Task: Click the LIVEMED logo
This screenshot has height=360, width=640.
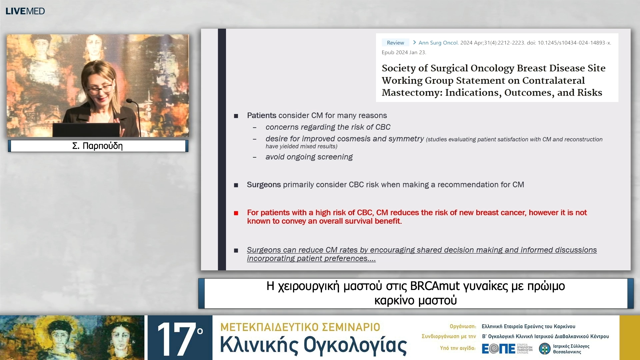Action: pos(25,11)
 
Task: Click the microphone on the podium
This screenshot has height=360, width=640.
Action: pos(130,101)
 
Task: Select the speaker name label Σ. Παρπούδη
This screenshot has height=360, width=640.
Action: pos(98,146)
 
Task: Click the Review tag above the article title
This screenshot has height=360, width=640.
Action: pos(395,43)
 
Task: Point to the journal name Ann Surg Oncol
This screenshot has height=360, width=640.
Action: pos(438,43)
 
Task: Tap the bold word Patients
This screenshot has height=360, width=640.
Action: pos(261,115)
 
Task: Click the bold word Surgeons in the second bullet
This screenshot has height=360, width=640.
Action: pos(263,185)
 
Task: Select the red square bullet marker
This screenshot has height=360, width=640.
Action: pos(236,213)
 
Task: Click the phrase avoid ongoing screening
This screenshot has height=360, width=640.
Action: pos(309,157)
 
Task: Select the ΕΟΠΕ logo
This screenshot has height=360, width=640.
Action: pos(498,349)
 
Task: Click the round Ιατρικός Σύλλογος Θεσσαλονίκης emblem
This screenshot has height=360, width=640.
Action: pos(545,349)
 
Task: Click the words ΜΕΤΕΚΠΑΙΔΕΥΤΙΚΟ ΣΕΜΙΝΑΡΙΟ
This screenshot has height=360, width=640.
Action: pos(300,327)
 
